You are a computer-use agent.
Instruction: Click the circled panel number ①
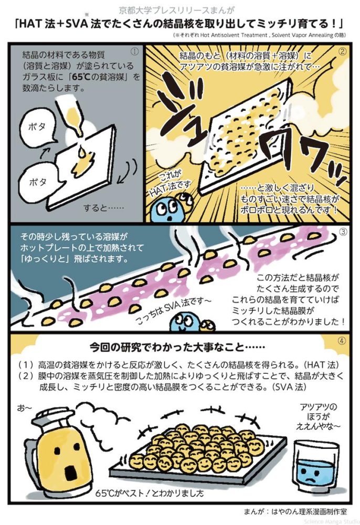(134, 51)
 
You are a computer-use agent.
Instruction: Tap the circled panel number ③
(343, 232)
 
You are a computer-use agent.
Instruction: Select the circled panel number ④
(342, 341)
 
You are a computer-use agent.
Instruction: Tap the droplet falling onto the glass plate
(82, 152)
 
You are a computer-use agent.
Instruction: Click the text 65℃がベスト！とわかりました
(150, 493)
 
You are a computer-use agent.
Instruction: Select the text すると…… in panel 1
(103, 208)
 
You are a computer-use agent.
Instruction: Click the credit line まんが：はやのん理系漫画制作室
(295, 511)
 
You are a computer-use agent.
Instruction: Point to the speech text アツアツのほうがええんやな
(317, 416)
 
